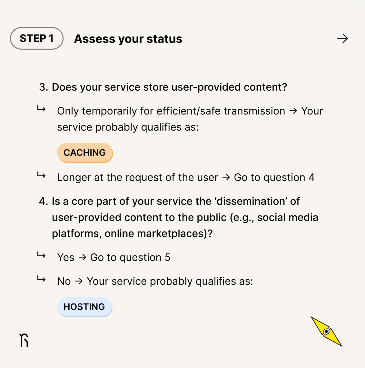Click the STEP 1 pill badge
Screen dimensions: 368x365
pos(37,38)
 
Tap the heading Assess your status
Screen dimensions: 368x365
pos(128,39)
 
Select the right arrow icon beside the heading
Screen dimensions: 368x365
pos(342,39)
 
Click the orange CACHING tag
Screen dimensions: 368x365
pos(85,153)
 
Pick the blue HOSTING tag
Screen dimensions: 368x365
pos(84,307)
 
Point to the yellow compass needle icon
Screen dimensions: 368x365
pos(326,332)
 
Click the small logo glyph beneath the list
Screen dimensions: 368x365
pos(24,340)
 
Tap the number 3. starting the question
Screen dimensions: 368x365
pos(44,87)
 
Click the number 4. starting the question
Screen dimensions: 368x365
pos(44,202)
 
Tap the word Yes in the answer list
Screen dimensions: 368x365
pos(66,258)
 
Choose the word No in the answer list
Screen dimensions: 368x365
pos(64,282)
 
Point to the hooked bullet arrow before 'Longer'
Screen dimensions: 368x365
pos(41,175)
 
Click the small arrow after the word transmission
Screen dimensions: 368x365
pos(293,111)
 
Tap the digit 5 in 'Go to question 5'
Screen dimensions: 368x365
pos(168,258)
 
